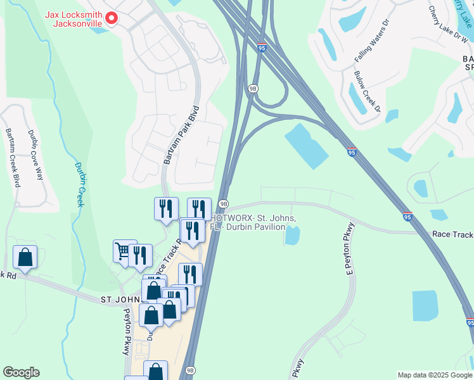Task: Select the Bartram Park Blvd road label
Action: pyautogui.click(x=182, y=135)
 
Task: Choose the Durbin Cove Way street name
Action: pyautogui.click(x=35, y=155)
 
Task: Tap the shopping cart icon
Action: pyautogui.click(x=124, y=251)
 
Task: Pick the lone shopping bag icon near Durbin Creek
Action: pyautogui.click(x=25, y=257)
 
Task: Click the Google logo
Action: pyautogui.click(x=21, y=372)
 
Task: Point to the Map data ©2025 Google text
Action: pyautogui.click(x=433, y=375)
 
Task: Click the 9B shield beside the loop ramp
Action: pyautogui.click(x=253, y=89)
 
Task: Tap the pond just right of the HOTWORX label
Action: pyautogui.click(x=292, y=236)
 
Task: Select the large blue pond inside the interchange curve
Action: pyautogui.click(x=307, y=145)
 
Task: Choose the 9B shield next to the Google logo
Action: pyautogui.click(x=190, y=370)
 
